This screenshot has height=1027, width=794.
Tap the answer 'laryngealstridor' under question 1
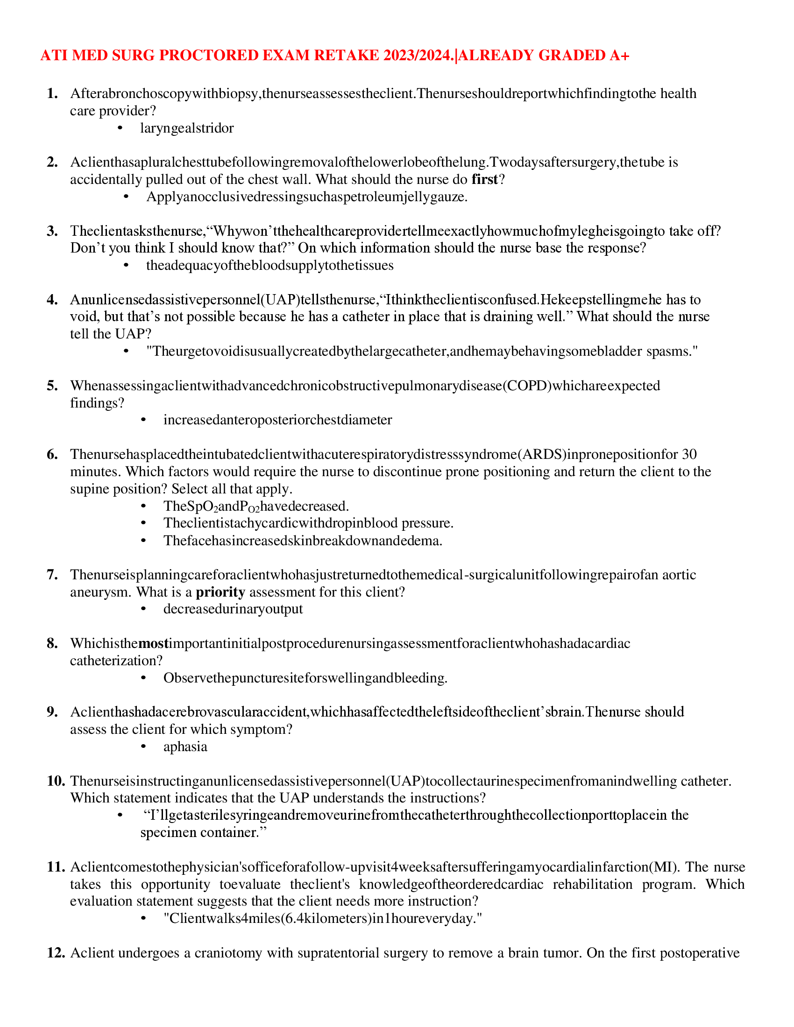click(x=187, y=128)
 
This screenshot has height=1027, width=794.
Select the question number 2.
click(x=52, y=162)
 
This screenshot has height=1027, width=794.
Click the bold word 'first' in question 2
click(x=484, y=180)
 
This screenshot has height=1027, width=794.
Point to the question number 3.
click(x=52, y=231)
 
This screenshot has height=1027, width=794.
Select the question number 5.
click(x=52, y=386)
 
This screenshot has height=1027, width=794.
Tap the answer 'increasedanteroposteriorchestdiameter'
click(x=277, y=420)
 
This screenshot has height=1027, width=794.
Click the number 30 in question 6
click(x=689, y=454)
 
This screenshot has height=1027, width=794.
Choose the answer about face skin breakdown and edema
click(x=303, y=541)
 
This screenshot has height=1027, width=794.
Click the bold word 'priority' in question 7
click(x=220, y=592)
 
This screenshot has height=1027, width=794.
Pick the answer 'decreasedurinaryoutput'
click(x=233, y=609)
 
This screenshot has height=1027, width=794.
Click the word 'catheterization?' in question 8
click(x=116, y=661)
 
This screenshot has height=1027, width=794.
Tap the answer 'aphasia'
click(x=185, y=747)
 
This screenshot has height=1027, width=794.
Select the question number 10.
click(x=56, y=781)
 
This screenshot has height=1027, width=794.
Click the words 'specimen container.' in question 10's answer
click(x=203, y=832)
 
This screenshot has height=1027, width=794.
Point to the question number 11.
click(x=56, y=867)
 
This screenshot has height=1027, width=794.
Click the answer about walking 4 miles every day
click(x=323, y=918)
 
